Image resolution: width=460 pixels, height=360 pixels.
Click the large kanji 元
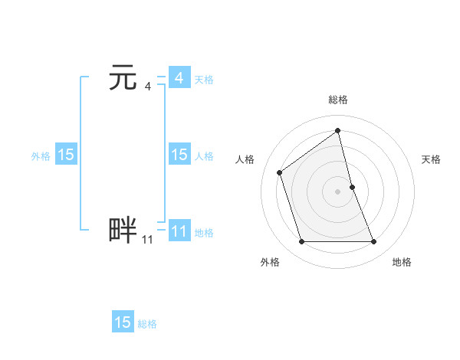[123, 78]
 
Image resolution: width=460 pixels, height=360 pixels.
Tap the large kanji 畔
[123, 230]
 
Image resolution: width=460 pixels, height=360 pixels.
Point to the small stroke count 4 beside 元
[147, 87]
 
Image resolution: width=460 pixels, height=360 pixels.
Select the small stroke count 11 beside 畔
[147, 240]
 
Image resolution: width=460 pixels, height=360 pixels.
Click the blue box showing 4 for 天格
[179, 78]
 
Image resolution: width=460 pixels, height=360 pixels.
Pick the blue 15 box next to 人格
[179, 155]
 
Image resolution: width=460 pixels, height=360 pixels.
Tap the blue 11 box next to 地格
[179, 231]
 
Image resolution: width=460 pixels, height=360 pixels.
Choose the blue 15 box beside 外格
[66, 155]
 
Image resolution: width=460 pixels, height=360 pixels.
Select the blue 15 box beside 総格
[123, 322]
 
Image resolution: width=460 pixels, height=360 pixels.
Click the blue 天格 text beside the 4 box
[204, 80]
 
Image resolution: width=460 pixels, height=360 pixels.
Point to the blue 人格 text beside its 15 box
[204, 156]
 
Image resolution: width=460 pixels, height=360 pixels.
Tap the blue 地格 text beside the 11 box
[204, 233]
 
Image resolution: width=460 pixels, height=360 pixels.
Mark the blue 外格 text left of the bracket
[41, 156]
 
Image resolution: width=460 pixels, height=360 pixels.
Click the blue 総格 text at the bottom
[147, 324]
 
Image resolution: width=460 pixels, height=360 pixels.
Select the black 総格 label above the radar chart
[338, 100]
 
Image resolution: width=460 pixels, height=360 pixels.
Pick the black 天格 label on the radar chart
[431, 159]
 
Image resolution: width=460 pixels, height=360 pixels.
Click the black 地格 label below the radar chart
[402, 262]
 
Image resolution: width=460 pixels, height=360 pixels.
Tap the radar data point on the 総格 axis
[337, 129]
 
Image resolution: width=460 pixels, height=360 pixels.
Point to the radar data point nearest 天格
[352, 186]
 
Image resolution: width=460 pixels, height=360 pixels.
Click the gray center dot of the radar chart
[337, 191]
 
